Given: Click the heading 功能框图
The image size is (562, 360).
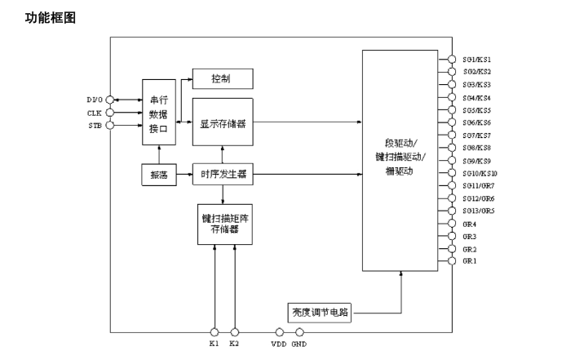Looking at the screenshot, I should [x=51, y=16].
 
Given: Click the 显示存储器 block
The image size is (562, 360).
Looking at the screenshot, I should [x=222, y=124].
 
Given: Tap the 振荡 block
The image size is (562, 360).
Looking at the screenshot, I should [x=159, y=175].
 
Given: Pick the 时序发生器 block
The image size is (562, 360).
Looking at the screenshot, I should [x=222, y=174].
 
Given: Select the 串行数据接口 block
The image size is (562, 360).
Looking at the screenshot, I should [x=159, y=113].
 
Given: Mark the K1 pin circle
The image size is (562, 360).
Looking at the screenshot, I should [x=215, y=332].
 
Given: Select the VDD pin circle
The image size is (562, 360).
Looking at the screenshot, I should [x=280, y=332].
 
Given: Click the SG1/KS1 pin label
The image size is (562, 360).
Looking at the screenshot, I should [x=477, y=60].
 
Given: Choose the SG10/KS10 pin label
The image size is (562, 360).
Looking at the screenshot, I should [x=480, y=173].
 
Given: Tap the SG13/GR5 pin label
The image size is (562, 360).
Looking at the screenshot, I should [x=478, y=211].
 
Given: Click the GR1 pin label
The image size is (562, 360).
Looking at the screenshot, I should [x=469, y=261].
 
